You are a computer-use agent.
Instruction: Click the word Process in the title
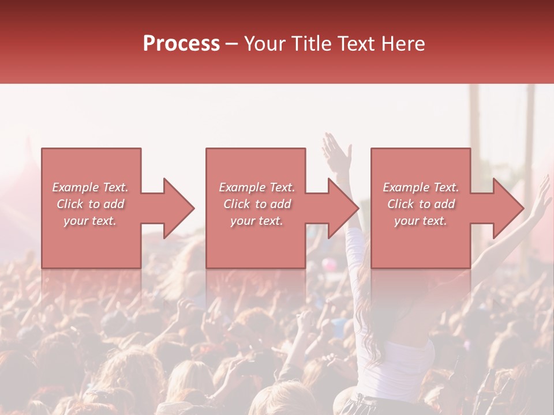[x=181, y=44]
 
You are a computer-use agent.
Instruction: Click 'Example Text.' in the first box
[x=90, y=187]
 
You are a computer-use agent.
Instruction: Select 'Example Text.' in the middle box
[x=256, y=187]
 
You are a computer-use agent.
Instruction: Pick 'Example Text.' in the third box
[x=421, y=187]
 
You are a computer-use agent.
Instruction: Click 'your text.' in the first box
[x=90, y=221]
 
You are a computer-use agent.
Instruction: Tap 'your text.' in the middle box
[x=256, y=221]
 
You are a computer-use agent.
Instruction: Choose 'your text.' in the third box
[x=421, y=221]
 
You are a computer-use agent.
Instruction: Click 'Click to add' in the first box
[x=90, y=204]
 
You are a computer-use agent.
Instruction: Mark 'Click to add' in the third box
[x=421, y=204]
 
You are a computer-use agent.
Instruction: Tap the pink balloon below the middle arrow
[x=329, y=265]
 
